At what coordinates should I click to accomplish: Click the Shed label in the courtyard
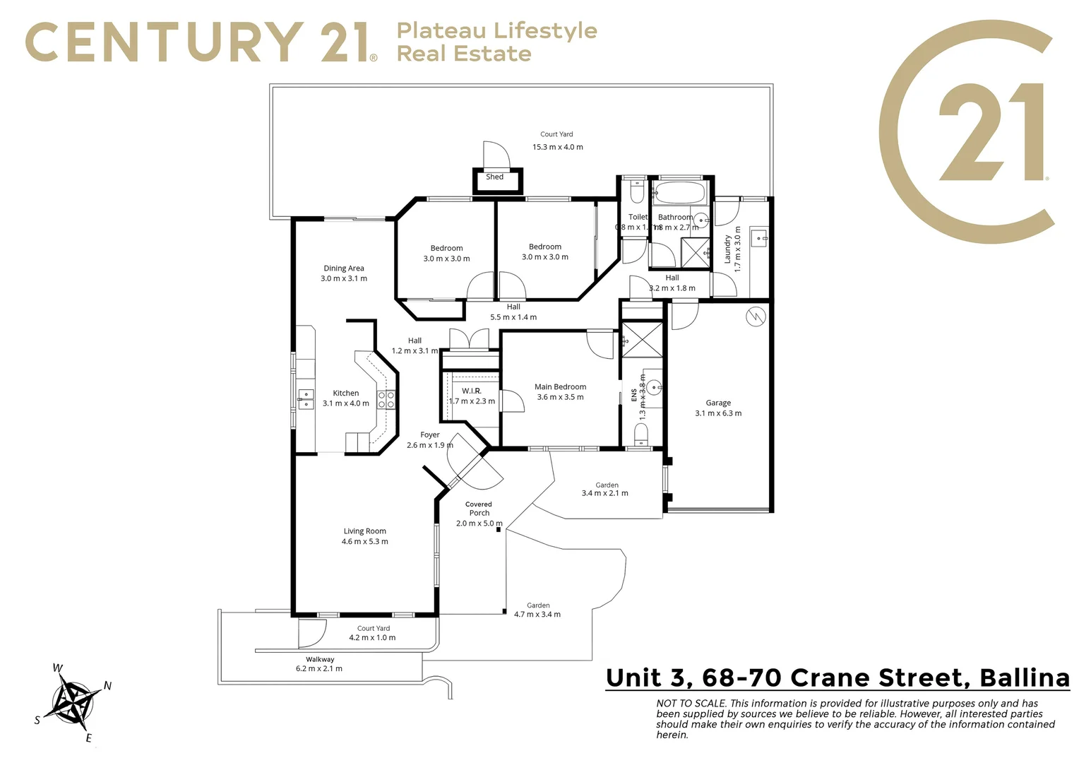494,177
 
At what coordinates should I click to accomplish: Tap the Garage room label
718,403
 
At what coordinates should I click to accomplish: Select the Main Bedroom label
560,386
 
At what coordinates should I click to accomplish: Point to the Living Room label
364,531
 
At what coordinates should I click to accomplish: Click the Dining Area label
344,268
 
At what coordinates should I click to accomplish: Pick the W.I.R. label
472,391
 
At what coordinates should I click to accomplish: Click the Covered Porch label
479,509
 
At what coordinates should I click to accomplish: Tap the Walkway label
320,659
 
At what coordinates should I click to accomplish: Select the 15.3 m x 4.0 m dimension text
557,147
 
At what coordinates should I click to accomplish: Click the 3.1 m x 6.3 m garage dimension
718,413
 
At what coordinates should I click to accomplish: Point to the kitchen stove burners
386,400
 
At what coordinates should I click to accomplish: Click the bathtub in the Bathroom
678,192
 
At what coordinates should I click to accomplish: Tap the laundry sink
758,237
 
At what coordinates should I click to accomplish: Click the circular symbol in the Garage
755,317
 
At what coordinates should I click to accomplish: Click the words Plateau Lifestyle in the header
496,30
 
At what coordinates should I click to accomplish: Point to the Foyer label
429,435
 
